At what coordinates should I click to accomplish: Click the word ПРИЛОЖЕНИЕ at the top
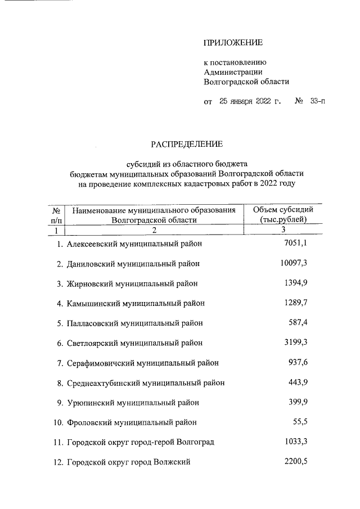[233, 42]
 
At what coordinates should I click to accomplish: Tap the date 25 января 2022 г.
[250, 102]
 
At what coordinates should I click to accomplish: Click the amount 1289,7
[294, 303]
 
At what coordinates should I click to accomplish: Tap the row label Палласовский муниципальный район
[134, 323]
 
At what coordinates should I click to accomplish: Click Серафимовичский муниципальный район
[142, 363]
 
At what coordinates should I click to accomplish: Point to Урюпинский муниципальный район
[133, 403]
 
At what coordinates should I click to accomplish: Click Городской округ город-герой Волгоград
[140, 442]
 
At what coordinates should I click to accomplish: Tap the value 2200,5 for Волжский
[294, 462]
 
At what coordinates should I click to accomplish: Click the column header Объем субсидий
[283, 210]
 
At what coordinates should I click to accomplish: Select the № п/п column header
[56, 214]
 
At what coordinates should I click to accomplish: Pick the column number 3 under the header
[283, 230]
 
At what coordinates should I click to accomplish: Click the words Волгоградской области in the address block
[246, 81]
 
